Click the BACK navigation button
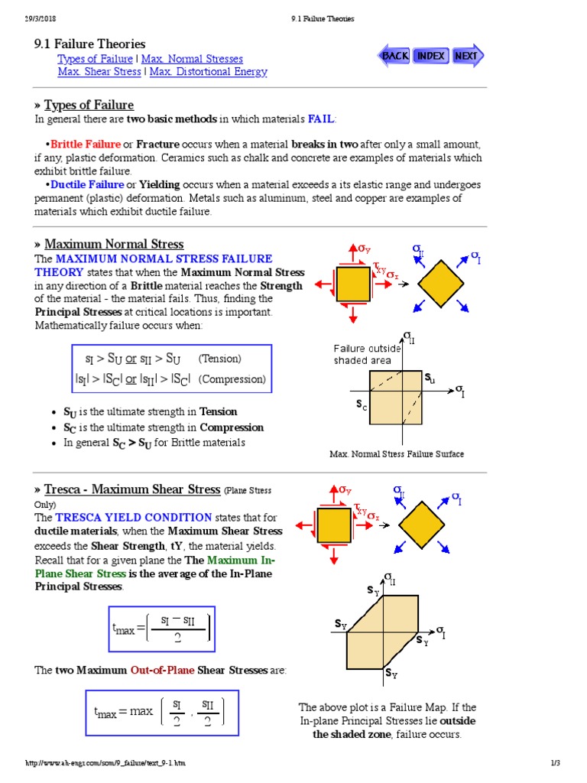click(394, 56)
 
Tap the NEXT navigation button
click(466, 56)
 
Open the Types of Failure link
click(95, 59)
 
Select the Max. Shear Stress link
click(99, 72)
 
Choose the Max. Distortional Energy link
click(209, 72)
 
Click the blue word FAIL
click(321, 119)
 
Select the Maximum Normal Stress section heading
click(114, 245)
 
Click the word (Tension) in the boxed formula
click(219, 359)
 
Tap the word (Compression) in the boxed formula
click(232, 379)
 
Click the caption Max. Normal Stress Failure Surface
click(397, 454)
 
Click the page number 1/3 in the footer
click(556, 764)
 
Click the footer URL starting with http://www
click(105, 764)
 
